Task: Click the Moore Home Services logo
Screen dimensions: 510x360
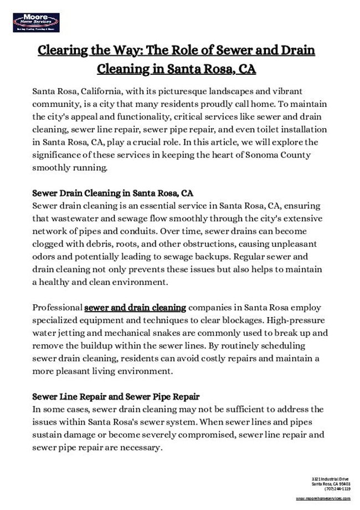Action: pos(36,23)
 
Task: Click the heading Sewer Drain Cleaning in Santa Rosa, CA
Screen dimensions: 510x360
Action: pos(113,193)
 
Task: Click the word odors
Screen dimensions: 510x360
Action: pos(45,257)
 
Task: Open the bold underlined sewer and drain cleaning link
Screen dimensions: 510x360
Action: pos(135,307)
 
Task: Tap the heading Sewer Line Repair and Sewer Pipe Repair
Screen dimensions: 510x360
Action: pos(116,397)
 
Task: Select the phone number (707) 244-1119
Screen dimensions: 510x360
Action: pos(338,489)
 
